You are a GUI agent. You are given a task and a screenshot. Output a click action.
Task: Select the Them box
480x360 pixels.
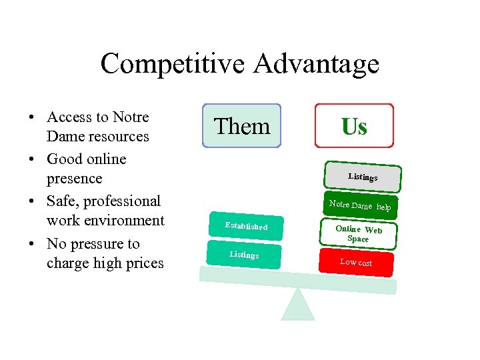click(241, 125)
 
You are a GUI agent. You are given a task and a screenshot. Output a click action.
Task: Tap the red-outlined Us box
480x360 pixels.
click(354, 125)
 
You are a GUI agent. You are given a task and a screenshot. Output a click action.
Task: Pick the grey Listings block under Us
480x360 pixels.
click(363, 177)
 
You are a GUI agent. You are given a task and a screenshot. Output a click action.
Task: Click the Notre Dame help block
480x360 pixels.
click(360, 207)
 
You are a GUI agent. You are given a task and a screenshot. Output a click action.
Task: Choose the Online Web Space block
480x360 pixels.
click(358, 233)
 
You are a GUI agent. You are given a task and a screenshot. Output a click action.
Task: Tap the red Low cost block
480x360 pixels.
click(356, 262)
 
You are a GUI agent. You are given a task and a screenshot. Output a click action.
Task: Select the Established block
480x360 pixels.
click(246, 226)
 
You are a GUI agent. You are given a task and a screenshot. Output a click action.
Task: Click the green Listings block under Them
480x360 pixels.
click(244, 255)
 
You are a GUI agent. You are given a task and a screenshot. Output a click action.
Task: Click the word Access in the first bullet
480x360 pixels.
click(69, 117)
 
